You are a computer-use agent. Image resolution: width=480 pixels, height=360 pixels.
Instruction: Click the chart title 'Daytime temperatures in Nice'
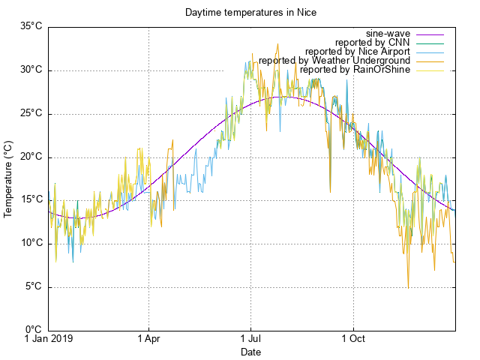[x=240, y=13]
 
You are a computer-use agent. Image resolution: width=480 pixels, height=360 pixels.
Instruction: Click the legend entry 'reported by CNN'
[x=371, y=43]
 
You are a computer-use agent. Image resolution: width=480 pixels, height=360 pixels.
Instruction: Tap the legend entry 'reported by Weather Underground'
[x=334, y=61]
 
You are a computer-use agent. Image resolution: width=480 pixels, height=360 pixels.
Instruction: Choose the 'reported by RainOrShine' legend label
[x=355, y=70]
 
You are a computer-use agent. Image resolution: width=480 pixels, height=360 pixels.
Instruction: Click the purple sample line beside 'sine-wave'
[x=430, y=34]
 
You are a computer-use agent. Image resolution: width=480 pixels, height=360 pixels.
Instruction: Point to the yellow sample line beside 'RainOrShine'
[x=430, y=70]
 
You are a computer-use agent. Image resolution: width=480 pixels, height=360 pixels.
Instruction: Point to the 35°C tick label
[x=30, y=27]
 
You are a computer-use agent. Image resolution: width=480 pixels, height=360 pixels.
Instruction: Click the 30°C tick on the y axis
[x=30, y=70]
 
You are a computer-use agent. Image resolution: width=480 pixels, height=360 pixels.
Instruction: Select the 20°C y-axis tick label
[x=30, y=157]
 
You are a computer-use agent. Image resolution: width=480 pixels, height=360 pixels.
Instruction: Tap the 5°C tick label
[x=33, y=286]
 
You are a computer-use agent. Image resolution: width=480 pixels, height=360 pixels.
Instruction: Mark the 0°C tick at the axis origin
[x=33, y=330]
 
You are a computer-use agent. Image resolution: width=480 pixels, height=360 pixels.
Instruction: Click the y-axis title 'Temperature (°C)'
[x=9, y=178]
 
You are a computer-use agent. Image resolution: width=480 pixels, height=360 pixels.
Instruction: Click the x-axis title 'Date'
[x=250, y=352]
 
